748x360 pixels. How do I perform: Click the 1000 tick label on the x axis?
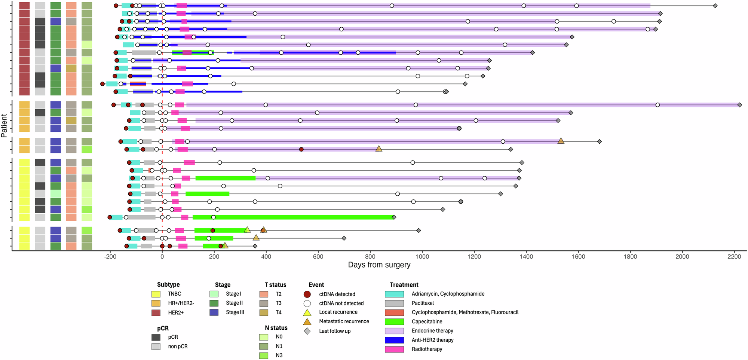422,257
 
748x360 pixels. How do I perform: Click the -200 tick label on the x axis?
110,257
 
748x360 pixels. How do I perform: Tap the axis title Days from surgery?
379,265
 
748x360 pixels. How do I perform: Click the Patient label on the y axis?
4,126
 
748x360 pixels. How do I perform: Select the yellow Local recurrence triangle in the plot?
247,230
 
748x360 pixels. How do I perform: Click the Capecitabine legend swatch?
394,321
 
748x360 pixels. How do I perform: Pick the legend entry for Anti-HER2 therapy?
432,340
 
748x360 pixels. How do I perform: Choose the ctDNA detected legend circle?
307,294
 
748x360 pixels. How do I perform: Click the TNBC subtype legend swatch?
156,294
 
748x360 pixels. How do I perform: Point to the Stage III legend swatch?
214,312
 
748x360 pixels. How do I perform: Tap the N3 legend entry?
279,355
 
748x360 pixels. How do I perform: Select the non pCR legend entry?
178,346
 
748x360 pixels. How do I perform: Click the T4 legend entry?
278,312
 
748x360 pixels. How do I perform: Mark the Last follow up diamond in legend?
307,331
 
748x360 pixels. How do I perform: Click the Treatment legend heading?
404,285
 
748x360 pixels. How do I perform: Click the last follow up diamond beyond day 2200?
739,105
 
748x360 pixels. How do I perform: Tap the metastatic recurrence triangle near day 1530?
561,141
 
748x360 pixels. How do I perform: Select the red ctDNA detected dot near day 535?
301,149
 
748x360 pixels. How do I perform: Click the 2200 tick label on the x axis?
734,257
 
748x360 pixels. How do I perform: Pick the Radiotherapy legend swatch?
394,349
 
